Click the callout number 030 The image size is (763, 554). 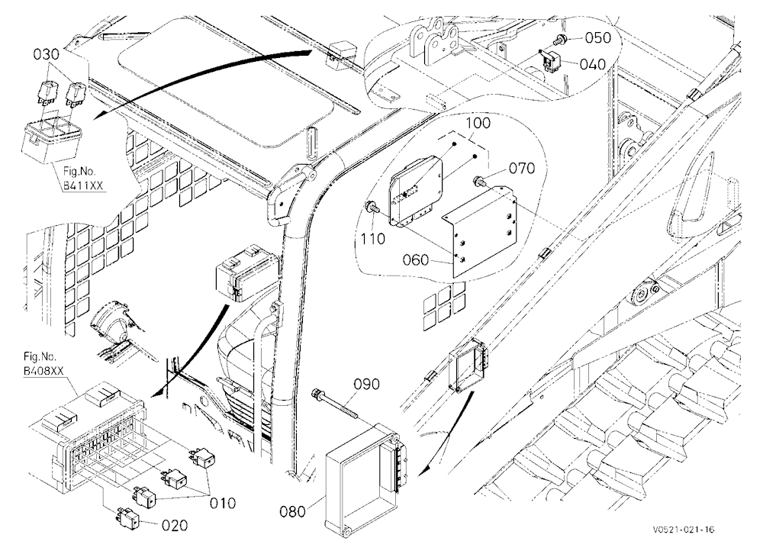click(x=46, y=54)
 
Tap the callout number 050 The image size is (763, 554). click(x=597, y=37)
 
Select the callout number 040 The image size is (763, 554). click(x=593, y=64)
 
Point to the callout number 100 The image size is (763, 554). click(x=478, y=123)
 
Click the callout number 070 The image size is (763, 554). click(x=522, y=169)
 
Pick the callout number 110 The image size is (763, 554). click(x=373, y=239)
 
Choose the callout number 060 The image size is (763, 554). click(x=416, y=260)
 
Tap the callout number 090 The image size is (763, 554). click(x=366, y=384)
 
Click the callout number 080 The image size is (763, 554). click(x=293, y=511)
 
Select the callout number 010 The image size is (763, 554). click(x=222, y=503)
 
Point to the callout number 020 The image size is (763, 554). click(x=174, y=525)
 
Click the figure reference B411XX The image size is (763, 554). click(x=84, y=186)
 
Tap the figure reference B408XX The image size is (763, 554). click(x=43, y=370)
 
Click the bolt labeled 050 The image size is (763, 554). click(x=562, y=38)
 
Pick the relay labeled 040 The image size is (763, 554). click(x=550, y=59)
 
